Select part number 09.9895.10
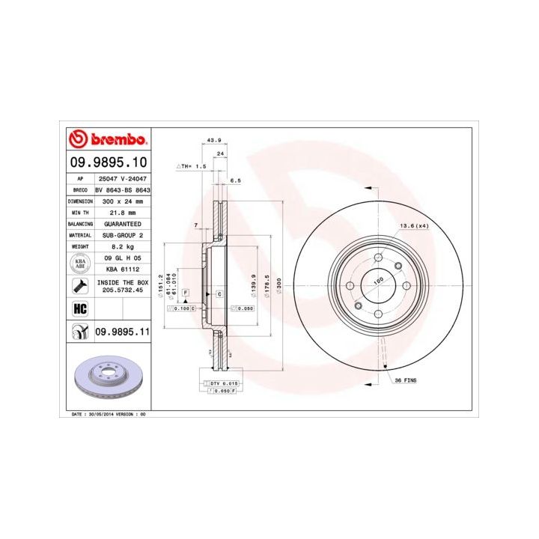coord(108,162)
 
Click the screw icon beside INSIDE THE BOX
coord(78,285)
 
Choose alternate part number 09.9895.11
coord(120,330)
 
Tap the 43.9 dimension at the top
coord(214,140)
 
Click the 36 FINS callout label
coord(406,380)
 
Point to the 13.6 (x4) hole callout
coord(412,225)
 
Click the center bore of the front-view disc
coord(378,285)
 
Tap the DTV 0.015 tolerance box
coord(223,383)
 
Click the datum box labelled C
coord(219,293)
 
